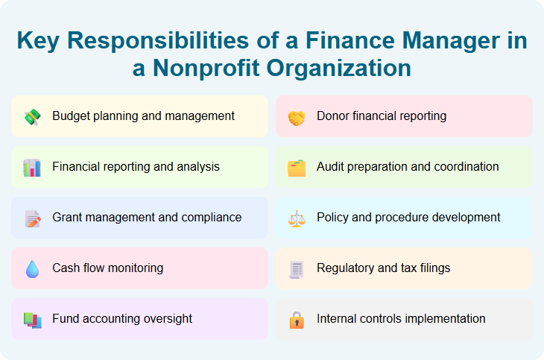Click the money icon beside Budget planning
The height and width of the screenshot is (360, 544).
[x=32, y=117]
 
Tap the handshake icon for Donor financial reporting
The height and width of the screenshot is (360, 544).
[x=297, y=117]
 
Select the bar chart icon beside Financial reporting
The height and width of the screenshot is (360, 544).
[x=32, y=168]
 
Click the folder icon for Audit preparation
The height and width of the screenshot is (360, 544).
[x=297, y=168]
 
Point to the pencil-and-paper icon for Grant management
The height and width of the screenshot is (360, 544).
[x=32, y=218]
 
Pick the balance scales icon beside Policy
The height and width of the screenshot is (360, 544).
[x=297, y=218]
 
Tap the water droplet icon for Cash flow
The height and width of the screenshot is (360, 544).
[x=32, y=269]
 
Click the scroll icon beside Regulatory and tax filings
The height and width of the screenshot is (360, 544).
[x=297, y=269]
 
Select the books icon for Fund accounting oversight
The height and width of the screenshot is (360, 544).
[x=32, y=320]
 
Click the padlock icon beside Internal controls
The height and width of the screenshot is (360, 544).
[x=297, y=320]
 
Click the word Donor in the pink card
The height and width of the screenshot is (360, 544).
[x=333, y=116]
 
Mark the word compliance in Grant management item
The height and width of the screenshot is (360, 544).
[x=209, y=218]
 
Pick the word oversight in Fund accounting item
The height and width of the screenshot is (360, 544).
[x=165, y=319]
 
